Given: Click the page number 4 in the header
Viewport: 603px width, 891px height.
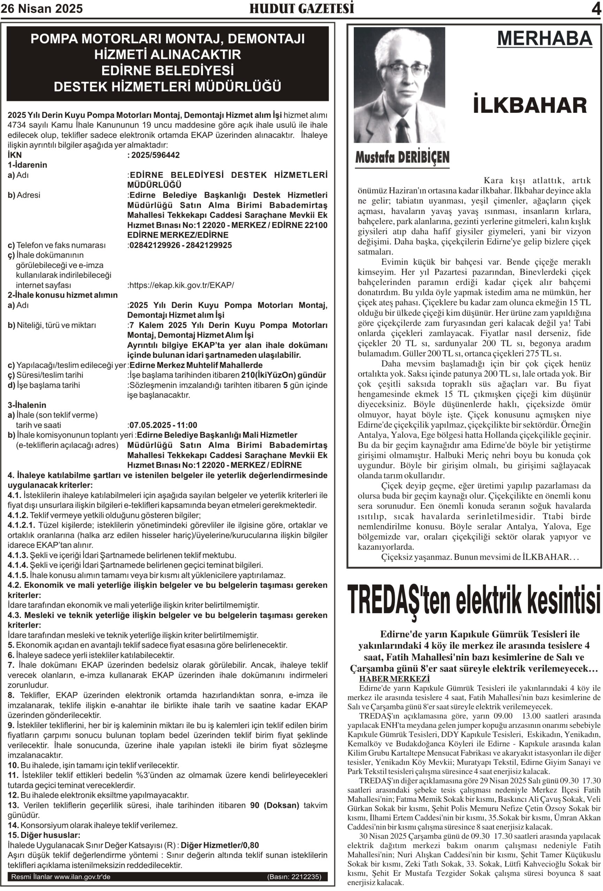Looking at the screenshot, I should point(596,9).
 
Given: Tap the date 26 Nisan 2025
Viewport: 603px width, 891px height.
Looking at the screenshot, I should point(41,9).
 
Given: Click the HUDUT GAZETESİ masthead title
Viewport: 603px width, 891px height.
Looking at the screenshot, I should point(302,8).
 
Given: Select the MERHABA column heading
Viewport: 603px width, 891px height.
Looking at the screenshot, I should point(544,38).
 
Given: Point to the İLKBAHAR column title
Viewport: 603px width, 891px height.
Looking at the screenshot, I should point(530,105).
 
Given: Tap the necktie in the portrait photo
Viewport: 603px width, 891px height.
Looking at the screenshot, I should point(402,131).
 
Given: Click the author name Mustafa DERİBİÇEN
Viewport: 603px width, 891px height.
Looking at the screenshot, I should point(402,157).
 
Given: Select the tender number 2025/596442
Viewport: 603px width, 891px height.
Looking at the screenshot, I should point(155,155).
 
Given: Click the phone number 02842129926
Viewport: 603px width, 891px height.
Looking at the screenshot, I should point(155,245).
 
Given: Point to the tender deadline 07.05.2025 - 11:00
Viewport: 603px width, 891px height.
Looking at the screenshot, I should point(163,425).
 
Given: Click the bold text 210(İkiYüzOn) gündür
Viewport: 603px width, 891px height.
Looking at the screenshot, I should point(284,375).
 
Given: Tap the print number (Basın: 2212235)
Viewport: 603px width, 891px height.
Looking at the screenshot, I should point(294,876).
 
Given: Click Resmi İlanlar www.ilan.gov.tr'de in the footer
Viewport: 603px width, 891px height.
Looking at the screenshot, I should point(61,876).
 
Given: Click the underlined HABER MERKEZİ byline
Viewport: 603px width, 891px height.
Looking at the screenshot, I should point(394,679).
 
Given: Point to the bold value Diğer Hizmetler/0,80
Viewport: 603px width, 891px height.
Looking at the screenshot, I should point(220,845).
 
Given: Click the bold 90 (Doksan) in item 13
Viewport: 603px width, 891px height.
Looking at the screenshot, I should point(274,805).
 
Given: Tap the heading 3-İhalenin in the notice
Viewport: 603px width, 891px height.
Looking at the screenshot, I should point(27,405).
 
